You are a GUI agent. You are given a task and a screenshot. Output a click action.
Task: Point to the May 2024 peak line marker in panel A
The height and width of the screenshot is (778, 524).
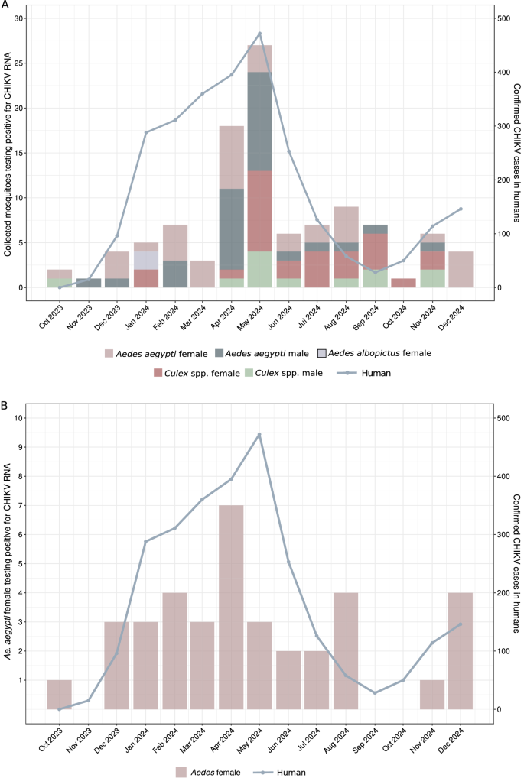click(260, 34)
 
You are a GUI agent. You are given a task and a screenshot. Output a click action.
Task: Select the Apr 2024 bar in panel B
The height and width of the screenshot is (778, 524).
click(231, 607)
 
